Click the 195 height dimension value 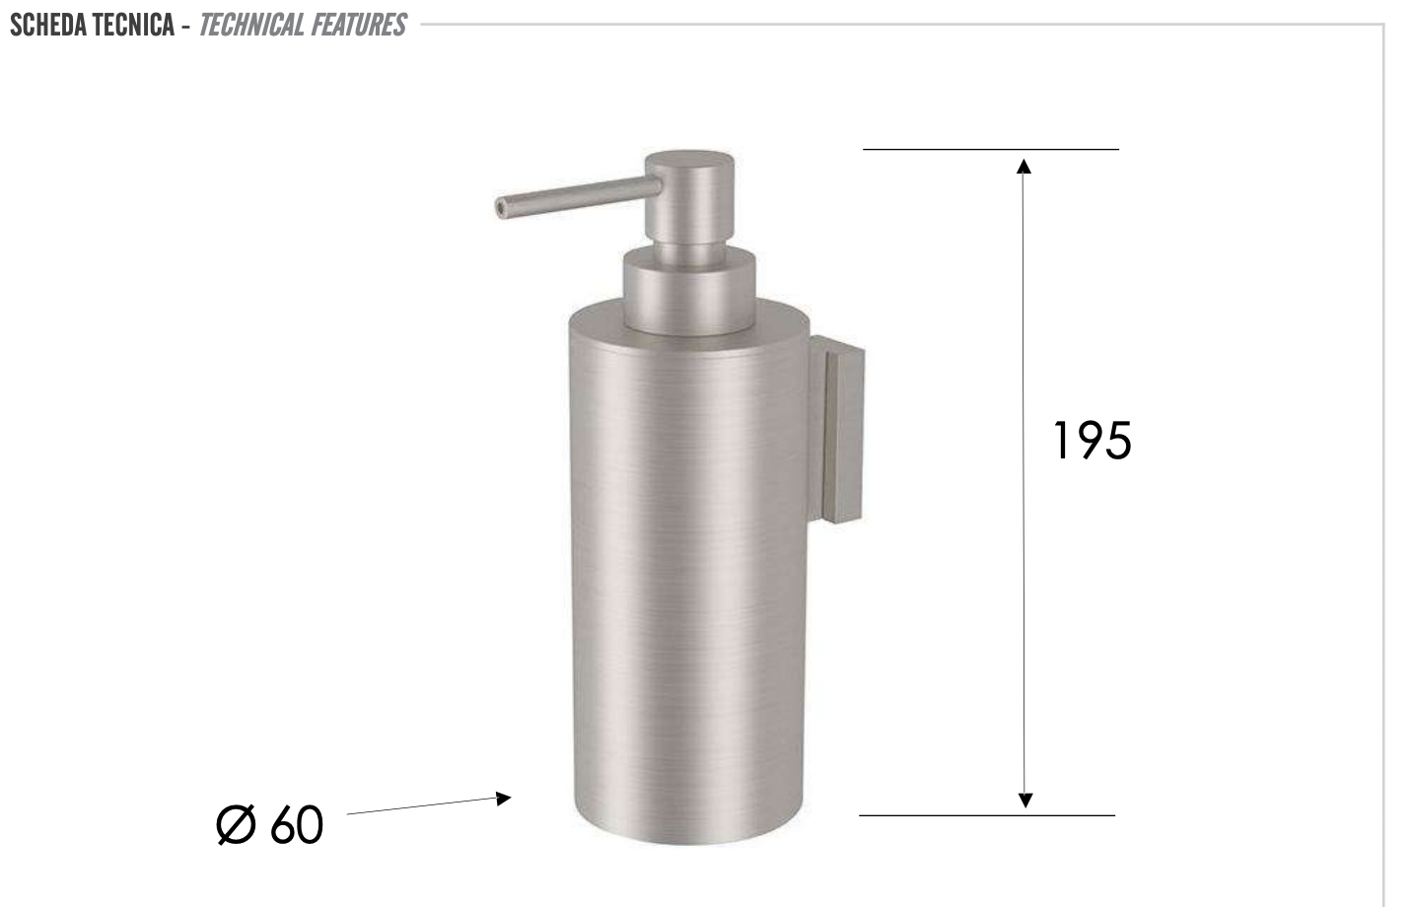(x=1093, y=441)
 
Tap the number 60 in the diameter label (x=296, y=825)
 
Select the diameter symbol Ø (x=236, y=825)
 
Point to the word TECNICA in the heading (x=135, y=25)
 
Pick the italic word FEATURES (x=359, y=25)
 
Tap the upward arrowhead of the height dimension (x=1024, y=165)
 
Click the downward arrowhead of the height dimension (x=1024, y=800)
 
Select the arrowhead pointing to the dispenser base (x=504, y=798)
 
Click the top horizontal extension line (x=990, y=149)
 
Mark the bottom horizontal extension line (x=986, y=815)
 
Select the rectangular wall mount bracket (x=837, y=429)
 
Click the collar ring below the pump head (x=689, y=286)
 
